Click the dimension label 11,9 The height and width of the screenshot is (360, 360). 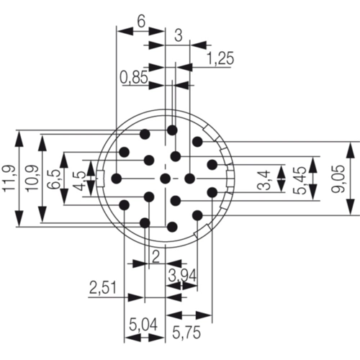tap(9, 179)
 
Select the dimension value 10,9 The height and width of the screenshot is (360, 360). tap(32, 179)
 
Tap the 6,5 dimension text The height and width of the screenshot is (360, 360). tap(55, 179)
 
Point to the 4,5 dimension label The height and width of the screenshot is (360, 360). tap(81, 181)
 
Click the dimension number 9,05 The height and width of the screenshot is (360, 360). tap(338, 179)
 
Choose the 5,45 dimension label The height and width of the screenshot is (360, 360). tap(300, 180)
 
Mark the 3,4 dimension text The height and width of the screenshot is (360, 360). tap(264, 180)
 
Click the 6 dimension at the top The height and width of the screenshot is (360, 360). tap(141, 22)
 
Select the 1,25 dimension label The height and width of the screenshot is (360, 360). tap(220, 58)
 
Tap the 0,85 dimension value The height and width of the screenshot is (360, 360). tap(134, 78)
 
